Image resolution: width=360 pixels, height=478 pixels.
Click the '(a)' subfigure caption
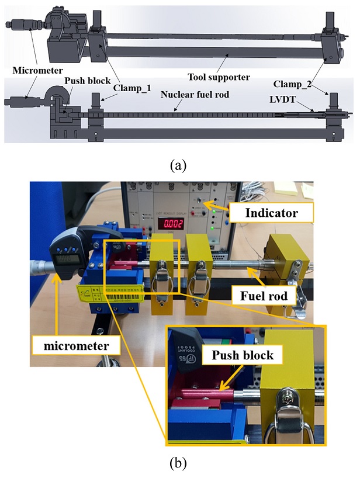point(178,165)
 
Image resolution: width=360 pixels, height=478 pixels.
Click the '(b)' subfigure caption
point(178,464)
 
